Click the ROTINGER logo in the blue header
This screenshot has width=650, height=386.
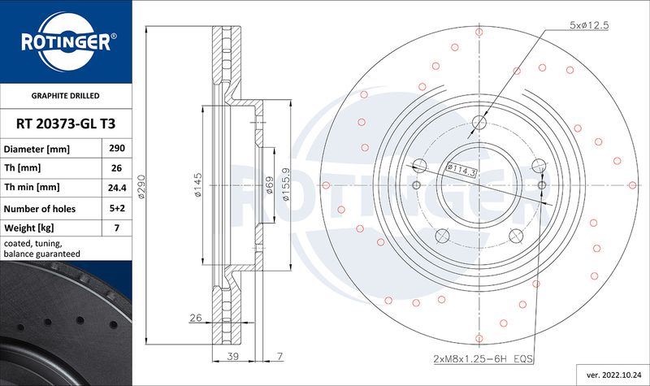[x=67, y=41]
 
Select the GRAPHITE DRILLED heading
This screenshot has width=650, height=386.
[x=66, y=96]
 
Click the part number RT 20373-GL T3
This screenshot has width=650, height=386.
[x=66, y=124]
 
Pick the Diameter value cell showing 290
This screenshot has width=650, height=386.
[x=117, y=148]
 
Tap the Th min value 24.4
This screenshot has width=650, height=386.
[x=117, y=188]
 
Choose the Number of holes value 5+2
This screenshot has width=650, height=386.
[x=117, y=208]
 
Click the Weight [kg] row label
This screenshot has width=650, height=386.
[x=29, y=228]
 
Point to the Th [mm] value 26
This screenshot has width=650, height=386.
[x=117, y=168]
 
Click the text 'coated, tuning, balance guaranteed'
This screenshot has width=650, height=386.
[x=42, y=249]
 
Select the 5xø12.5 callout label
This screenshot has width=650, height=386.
[x=589, y=25]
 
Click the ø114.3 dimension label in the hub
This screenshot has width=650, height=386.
[x=461, y=170]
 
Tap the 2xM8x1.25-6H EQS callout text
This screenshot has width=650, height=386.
[x=483, y=358]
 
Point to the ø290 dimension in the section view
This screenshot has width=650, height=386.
[x=141, y=186]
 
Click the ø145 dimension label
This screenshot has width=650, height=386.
[x=197, y=185]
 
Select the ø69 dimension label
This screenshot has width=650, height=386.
[x=269, y=185]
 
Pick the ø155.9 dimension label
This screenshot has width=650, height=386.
[x=286, y=184]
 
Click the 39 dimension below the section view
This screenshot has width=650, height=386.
[x=233, y=356]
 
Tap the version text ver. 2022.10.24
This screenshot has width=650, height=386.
[x=613, y=375]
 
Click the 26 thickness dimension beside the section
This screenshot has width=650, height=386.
[x=196, y=318]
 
